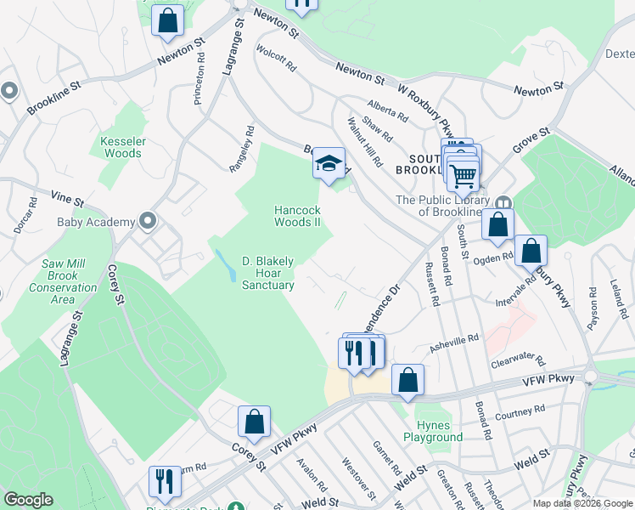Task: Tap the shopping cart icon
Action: click(463, 176)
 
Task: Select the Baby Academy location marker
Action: click(148, 222)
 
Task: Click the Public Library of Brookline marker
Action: click(503, 203)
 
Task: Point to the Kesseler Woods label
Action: click(122, 147)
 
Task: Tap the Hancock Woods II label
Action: click(297, 216)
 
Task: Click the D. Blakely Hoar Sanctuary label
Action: click(268, 273)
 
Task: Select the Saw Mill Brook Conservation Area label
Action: click(70, 275)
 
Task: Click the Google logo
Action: click(29, 500)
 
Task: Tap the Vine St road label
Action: click(67, 201)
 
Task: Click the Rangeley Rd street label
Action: click(242, 150)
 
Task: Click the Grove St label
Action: click(532, 141)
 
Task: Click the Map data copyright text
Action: click(582, 503)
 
